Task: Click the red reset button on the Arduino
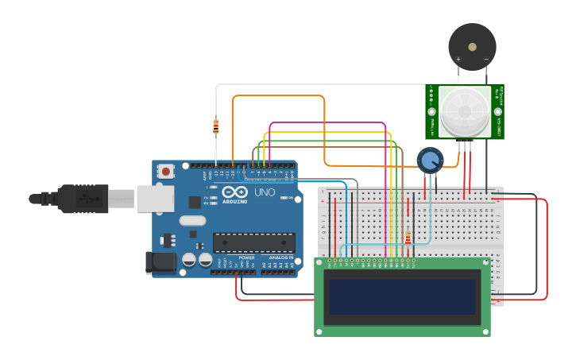[166, 171]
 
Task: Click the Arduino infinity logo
[236, 192]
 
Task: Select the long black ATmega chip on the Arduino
[253, 242]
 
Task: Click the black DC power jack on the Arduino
[160, 262]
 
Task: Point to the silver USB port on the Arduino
[154, 199]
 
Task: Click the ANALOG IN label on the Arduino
[280, 257]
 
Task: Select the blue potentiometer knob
[430, 161]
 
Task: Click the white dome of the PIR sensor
[464, 111]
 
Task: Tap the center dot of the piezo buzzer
[472, 46]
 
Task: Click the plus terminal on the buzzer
[458, 60]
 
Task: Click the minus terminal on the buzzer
[485, 60]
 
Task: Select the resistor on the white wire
[216, 126]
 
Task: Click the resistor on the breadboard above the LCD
[408, 238]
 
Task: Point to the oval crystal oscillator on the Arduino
[192, 221]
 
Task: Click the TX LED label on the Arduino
[206, 197]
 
